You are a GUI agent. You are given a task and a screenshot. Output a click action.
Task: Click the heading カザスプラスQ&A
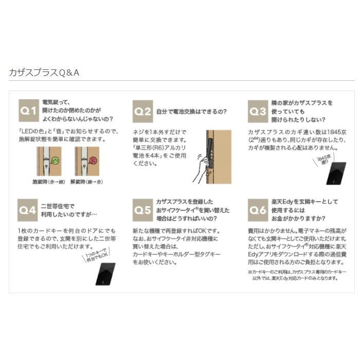tap(44, 73)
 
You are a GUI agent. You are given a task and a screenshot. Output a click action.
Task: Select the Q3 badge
tap(257, 110)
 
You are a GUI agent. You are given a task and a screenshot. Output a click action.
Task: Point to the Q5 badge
tap(142, 209)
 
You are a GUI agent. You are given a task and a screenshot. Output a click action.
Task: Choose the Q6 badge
tap(257, 209)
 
